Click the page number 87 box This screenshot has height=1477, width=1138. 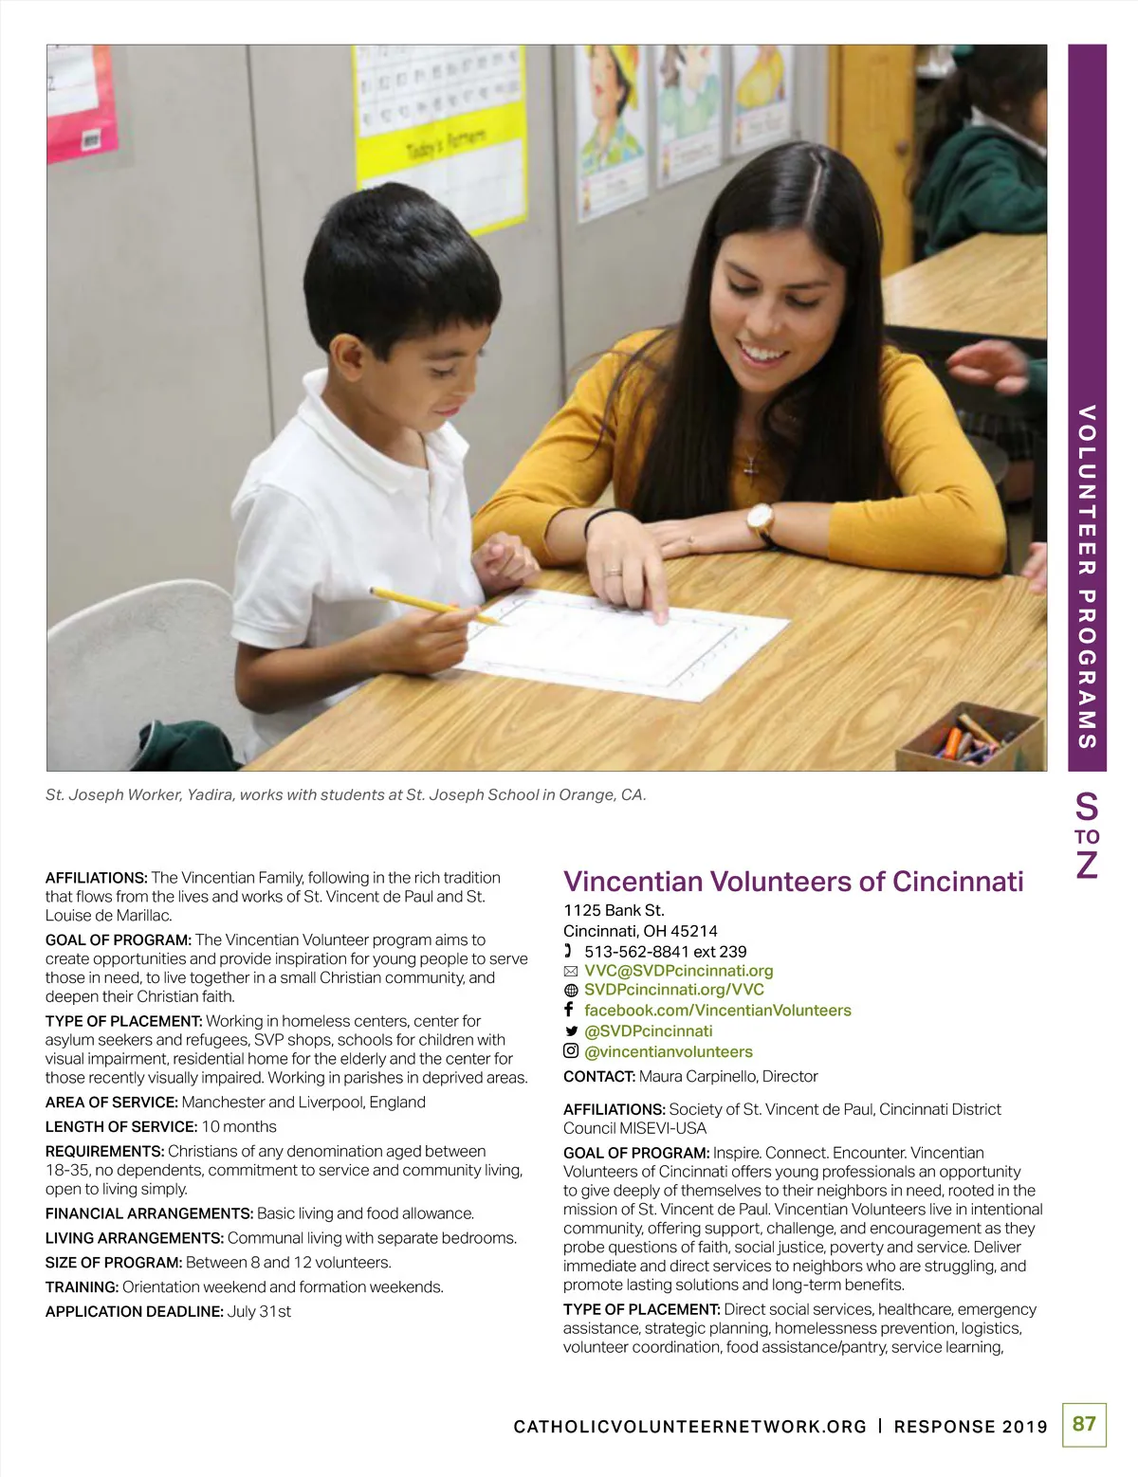tap(1084, 1424)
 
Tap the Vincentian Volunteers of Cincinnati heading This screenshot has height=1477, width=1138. tap(793, 882)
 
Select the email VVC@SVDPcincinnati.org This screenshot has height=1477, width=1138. tap(678, 971)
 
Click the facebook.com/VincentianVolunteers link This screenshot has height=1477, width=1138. tap(717, 1011)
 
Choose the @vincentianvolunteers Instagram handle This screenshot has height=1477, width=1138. tap(668, 1051)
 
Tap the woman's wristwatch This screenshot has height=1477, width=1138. tap(760, 520)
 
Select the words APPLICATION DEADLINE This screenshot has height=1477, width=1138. tap(134, 1312)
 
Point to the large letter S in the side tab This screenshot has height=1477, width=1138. tap(1087, 808)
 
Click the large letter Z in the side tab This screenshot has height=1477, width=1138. tap(1087, 865)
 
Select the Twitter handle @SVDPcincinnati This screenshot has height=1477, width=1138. tap(648, 1031)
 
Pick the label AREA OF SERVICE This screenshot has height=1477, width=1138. tap(111, 1103)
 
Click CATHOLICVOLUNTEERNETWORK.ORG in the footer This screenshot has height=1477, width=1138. tap(689, 1427)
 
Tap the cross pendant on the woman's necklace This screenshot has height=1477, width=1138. tap(751, 465)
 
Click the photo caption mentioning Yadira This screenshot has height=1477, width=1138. tap(345, 795)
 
